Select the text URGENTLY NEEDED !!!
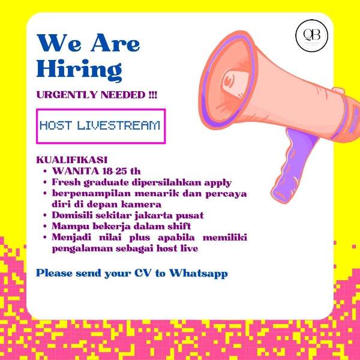(x=96, y=95)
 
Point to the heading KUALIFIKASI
(x=71, y=161)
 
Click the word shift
(x=178, y=226)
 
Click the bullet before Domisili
(x=46, y=215)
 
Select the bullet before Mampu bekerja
(x=46, y=226)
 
